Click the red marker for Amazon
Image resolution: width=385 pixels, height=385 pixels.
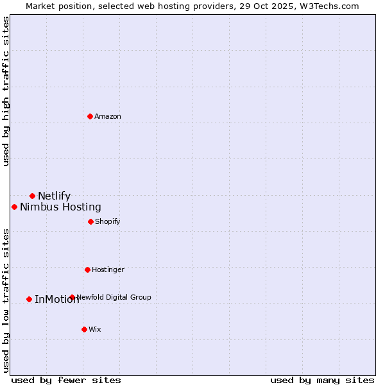(x=90, y=116)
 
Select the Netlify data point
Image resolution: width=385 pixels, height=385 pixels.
(x=32, y=196)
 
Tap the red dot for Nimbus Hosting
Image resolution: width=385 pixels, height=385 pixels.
(x=14, y=207)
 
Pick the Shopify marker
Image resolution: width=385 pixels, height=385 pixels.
(x=90, y=221)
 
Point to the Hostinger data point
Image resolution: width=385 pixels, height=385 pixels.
(x=87, y=269)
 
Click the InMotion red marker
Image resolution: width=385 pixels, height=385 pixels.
(x=29, y=299)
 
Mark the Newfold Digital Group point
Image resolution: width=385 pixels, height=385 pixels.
(x=72, y=297)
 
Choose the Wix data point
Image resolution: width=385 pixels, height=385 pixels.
(x=84, y=329)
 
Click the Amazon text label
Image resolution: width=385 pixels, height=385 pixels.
(x=108, y=116)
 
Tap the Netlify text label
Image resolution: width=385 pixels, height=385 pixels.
(x=55, y=196)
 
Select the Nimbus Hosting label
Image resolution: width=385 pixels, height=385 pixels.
(x=60, y=207)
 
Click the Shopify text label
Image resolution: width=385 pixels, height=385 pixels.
(x=108, y=221)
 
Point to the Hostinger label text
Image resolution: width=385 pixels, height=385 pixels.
(x=108, y=269)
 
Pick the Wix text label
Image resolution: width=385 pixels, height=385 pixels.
(x=95, y=329)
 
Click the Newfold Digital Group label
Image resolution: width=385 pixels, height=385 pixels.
(x=114, y=297)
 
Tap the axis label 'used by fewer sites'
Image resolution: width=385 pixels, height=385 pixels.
(x=66, y=380)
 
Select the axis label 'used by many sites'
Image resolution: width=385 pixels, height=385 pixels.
(x=322, y=380)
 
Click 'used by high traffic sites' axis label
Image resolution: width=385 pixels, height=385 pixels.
(x=6, y=91)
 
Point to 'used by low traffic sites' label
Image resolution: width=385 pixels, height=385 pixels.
(x=6, y=300)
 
